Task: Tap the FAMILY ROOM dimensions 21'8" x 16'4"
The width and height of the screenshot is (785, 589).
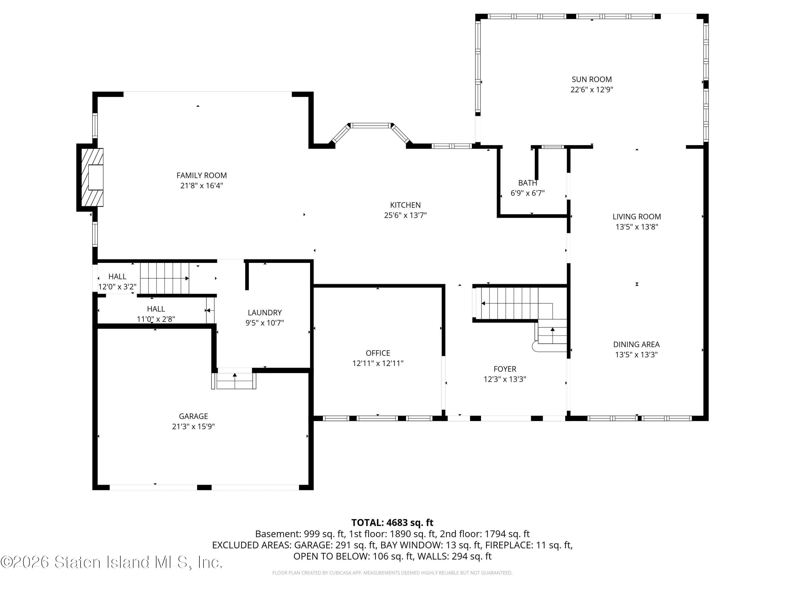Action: pyautogui.click(x=201, y=186)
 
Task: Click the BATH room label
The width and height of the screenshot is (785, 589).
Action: pyautogui.click(x=527, y=183)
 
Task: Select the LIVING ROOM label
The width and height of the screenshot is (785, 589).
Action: pyautogui.click(x=636, y=216)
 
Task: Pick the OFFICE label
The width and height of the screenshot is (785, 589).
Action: pyautogui.click(x=378, y=353)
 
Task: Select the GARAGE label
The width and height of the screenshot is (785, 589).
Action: pyautogui.click(x=193, y=416)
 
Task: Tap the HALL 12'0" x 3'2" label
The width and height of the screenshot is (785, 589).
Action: pyautogui.click(x=117, y=281)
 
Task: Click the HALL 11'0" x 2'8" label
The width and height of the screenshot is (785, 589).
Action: pyautogui.click(x=156, y=314)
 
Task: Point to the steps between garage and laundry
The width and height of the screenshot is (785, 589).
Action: pyautogui.click(x=234, y=380)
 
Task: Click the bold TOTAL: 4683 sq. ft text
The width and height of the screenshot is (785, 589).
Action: pyautogui.click(x=392, y=523)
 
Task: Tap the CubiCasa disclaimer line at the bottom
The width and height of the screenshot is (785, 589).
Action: pyautogui.click(x=392, y=573)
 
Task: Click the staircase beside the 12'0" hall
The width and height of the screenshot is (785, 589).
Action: pyautogui.click(x=164, y=278)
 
